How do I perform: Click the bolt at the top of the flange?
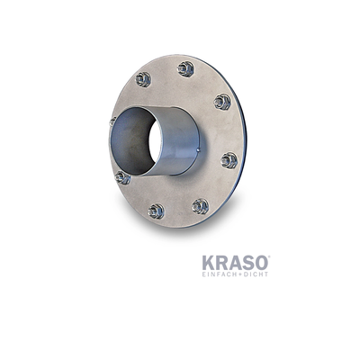point(186,67)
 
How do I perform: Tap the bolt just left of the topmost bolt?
point(143,79)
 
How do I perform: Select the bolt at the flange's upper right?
point(222,102)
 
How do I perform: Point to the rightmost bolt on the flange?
point(229,160)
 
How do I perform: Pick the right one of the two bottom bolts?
point(200,206)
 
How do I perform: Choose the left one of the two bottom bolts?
point(157,211)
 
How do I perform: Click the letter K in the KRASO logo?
point(209,262)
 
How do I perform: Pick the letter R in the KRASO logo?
point(222,262)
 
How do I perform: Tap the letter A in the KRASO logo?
point(236,262)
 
